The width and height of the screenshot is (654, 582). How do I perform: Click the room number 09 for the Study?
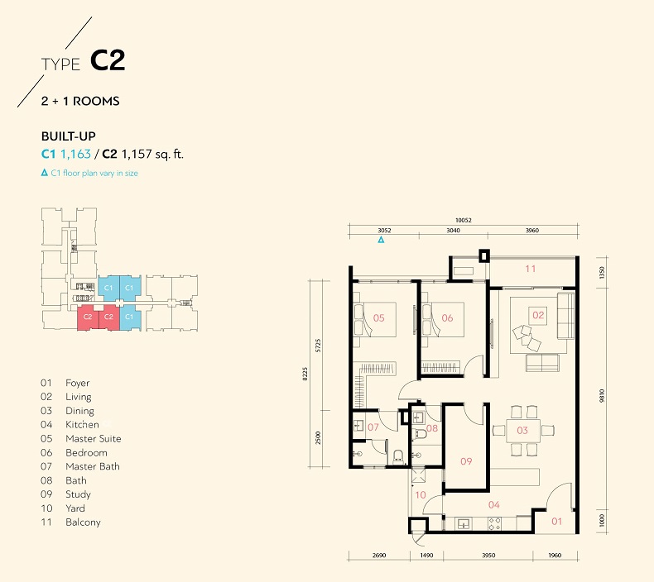click(466, 461)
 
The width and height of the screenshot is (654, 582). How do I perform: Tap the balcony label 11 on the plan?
click(530, 269)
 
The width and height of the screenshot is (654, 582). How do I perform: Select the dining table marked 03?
click(522, 431)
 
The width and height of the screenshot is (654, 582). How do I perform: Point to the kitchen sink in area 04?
click(463, 523)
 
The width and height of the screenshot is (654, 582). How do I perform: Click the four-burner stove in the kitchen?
click(494, 523)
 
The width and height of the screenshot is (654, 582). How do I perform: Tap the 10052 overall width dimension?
click(463, 220)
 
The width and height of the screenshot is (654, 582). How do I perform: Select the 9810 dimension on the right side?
click(602, 396)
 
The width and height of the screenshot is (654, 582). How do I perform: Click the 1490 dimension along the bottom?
click(426, 556)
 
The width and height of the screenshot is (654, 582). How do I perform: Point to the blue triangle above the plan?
click(381, 240)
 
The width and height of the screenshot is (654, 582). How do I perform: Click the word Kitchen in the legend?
click(82, 425)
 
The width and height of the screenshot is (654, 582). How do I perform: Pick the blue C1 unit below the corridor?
click(129, 317)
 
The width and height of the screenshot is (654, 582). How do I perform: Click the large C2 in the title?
click(108, 60)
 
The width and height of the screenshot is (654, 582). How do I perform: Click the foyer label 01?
click(557, 521)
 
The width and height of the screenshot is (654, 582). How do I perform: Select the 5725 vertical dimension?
click(318, 346)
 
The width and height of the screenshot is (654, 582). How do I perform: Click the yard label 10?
click(421, 494)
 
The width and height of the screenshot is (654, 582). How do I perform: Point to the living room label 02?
click(538, 315)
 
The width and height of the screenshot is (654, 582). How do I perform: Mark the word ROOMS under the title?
click(96, 101)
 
